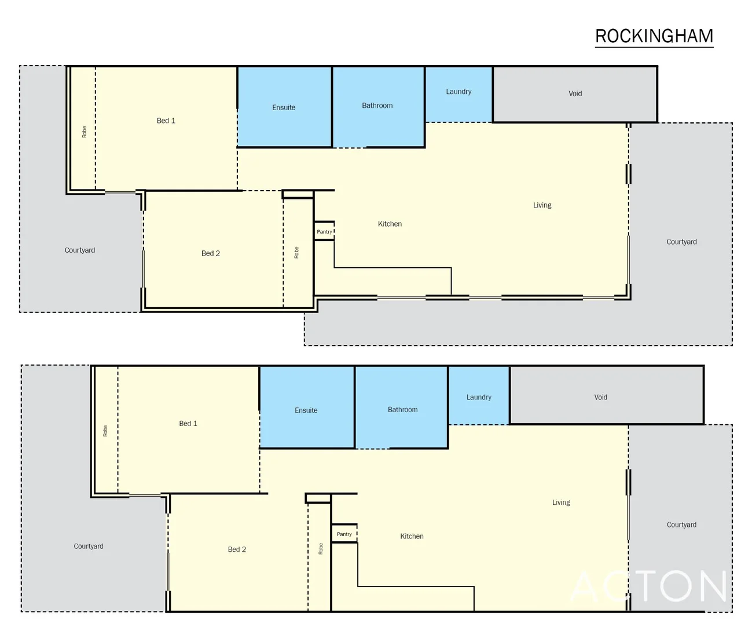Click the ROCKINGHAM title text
[x=654, y=36]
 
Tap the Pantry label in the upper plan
[x=324, y=232]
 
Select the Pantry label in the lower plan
[x=344, y=534]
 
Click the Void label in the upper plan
[x=575, y=93]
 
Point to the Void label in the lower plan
[x=600, y=397]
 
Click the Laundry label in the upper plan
[x=458, y=92]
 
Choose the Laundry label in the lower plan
[x=479, y=397]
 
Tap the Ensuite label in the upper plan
[x=284, y=107]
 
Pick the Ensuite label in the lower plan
[x=306, y=410]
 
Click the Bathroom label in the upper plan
[x=377, y=105]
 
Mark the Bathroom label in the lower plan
[x=402, y=410]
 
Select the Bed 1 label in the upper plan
[x=166, y=121]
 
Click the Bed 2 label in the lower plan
[x=237, y=549]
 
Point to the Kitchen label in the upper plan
[x=390, y=224]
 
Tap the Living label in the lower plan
[x=561, y=503]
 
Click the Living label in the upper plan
[x=542, y=205]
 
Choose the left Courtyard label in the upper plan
[x=80, y=250]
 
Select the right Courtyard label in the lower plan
[x=681, y=525]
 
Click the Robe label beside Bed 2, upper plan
[x=296, y=253]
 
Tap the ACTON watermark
[x=648, y=587]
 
